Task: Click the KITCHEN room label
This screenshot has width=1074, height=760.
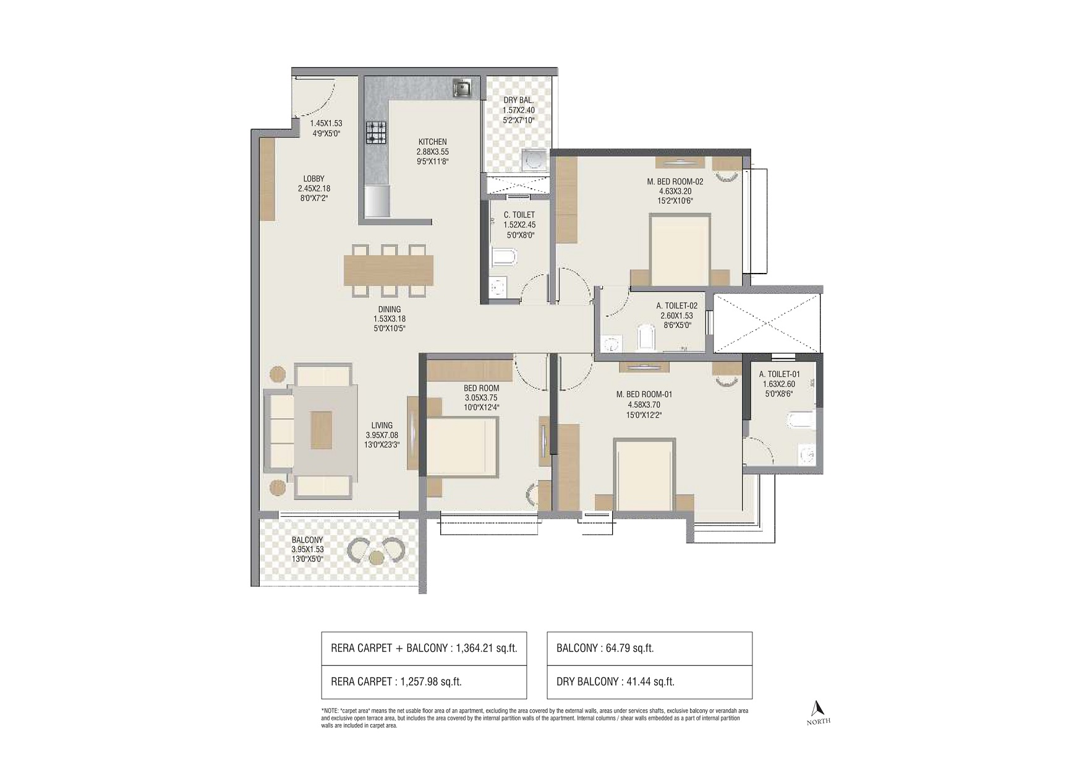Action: (432, 142)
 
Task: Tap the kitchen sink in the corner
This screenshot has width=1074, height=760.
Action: (462, 89)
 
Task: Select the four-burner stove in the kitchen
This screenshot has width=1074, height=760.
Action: (375, 132)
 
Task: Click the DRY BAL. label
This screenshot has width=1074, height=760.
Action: (518, 100)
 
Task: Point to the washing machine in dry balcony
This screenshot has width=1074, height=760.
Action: (533, 160)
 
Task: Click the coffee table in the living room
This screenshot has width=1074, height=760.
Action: (321, 430)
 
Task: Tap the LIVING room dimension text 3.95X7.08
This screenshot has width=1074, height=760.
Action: (381, 435)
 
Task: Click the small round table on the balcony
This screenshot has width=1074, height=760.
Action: (376, 559)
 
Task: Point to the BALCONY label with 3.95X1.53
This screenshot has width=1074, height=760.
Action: (307, 540)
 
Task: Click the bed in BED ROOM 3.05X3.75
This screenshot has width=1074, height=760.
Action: (462, 446)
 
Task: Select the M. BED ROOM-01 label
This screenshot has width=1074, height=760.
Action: (644, 395)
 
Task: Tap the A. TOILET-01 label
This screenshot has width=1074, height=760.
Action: (779, 374)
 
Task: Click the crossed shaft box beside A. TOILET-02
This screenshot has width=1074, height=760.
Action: (766, 324)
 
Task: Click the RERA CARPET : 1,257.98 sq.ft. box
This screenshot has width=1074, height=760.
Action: (424, 682)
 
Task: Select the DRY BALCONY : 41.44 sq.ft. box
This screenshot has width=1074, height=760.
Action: (649, 682)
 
